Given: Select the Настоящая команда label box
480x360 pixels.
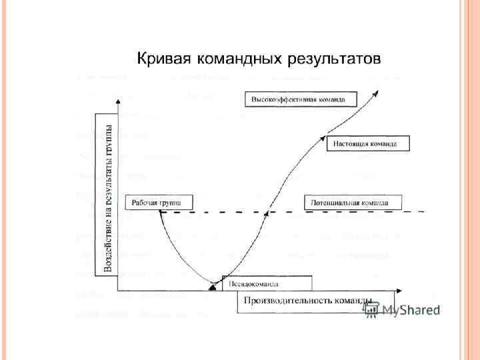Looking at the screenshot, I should click(367, 143).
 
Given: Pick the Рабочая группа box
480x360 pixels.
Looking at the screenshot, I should click(159, 201).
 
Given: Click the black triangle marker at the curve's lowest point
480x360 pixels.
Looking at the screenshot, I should click(213, 287).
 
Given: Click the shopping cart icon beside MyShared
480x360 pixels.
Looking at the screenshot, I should click(371, 310).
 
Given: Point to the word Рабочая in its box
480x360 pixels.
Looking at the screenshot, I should click(146, 201).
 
